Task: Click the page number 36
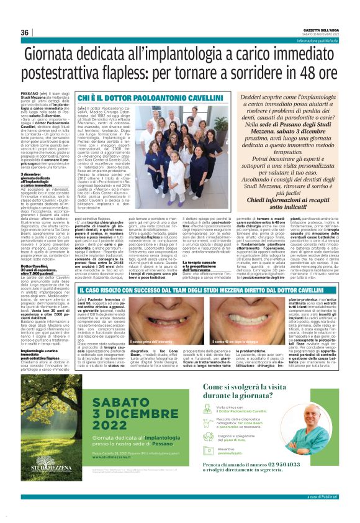25,32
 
